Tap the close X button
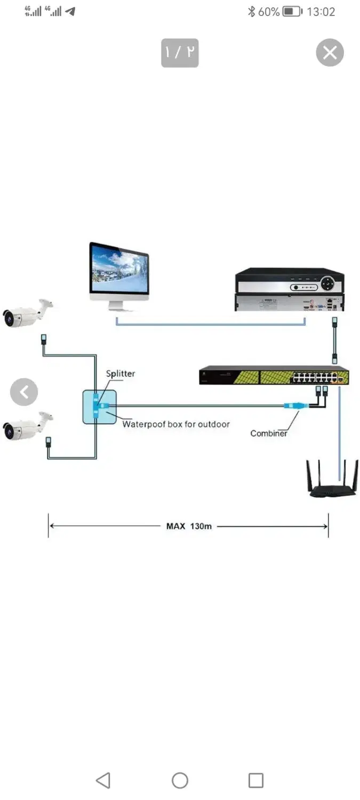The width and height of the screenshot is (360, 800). coord(330,52)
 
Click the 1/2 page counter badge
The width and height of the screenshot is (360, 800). coord(180,53)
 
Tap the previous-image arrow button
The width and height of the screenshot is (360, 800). coord(24,392)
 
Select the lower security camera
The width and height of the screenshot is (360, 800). coord(28,426)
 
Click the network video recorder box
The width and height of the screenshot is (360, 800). coord(289,289)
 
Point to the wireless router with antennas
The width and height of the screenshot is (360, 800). coord(332,478)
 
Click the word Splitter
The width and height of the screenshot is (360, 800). coord(121,373)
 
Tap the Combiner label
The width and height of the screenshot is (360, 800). coord(269,433)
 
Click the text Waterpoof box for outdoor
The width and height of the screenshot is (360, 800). coord(176,424)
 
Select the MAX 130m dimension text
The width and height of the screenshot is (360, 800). coord(189,526)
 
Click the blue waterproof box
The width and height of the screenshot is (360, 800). coord(99,407)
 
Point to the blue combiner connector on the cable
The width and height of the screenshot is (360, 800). coord(295,405)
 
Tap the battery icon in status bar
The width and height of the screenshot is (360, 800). coord(292,11)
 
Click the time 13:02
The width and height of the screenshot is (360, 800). coord(321,12)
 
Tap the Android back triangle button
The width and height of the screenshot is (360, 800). coord(103,780)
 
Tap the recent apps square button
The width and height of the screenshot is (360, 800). coord(255,780)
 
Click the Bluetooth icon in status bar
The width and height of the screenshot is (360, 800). coord(251,11)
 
